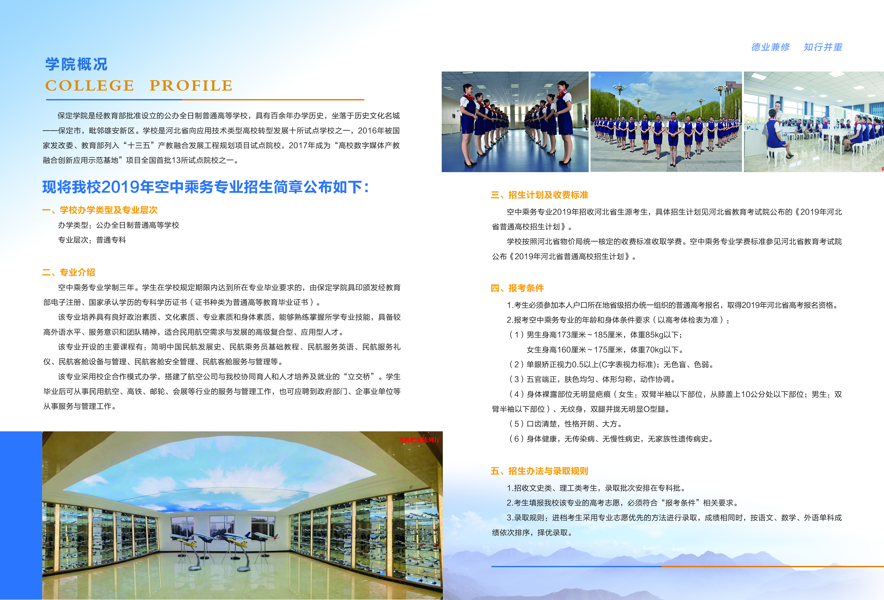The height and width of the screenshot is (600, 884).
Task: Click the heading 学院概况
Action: pos(76,64)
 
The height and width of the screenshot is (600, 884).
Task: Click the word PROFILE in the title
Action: pos(191,86)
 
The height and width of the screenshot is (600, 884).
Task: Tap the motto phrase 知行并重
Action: pos(823,47)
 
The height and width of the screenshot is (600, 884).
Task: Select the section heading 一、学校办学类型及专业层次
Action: pos(100,210)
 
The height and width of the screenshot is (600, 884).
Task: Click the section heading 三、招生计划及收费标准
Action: pos(539,195)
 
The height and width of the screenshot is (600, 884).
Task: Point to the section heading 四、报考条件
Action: pos(517,288)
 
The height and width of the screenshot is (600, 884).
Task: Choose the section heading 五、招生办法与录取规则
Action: pos(539,471)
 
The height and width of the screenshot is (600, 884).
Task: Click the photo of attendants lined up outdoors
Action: pos(666,122)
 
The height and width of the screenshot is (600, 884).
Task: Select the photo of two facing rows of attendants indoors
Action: pos(515,122)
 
